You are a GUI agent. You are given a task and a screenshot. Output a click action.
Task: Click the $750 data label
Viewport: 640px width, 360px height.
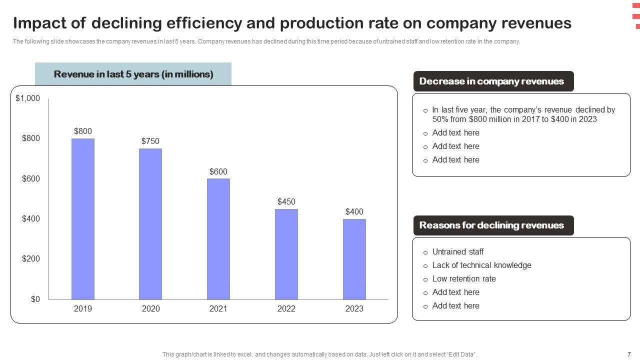[x=150, y=141]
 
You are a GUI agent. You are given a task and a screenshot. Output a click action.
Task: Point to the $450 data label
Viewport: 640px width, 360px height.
[x=286, y=202]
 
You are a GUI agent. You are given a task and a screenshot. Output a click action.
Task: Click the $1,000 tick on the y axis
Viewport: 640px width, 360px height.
[x=28, y=98]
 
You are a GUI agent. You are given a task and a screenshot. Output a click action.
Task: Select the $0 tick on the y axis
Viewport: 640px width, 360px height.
[x=34, y=299]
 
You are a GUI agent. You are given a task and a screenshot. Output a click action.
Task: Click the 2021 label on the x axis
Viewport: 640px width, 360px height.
[x=218, y=309]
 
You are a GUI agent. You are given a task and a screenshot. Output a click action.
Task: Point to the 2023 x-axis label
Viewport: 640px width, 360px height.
[x=354, y=309]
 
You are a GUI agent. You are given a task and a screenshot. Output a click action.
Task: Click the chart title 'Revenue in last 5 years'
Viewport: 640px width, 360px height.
[x=133, y=74]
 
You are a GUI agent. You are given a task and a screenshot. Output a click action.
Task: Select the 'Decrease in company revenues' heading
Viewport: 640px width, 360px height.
[x=491, y=81]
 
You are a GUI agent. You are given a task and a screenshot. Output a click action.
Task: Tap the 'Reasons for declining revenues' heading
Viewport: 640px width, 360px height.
[x=491, y=225]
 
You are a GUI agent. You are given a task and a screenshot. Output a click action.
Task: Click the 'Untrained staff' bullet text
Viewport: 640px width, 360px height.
[x=457, y=252]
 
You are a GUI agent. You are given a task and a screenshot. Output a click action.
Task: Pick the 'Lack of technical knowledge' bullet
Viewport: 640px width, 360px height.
[x=481, y=265]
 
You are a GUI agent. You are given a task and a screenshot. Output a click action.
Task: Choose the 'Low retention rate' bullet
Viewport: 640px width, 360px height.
[x=464, y=279]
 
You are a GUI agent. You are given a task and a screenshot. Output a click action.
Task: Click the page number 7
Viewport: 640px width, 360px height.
[x=629, y=354]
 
